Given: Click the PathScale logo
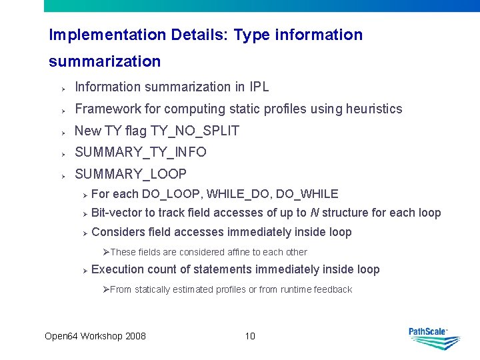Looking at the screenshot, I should (x=434, y=337).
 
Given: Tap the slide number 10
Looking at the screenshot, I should (x=250, y=336).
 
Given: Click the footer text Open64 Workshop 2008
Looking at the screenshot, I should (x=95, y=336).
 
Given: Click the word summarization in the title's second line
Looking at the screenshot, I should (x=105, y=61).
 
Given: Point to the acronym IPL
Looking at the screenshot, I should (x=259, y=87).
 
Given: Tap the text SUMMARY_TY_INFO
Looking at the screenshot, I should (x=141, y=152).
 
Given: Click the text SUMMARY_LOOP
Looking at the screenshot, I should (x=131, y=174).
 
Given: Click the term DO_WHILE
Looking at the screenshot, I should (x=307, y=194).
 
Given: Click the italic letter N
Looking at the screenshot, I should (x=314, y=213).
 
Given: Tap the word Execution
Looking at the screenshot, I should (x=117, y=269).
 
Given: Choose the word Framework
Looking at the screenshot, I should (x=103, y=109).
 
